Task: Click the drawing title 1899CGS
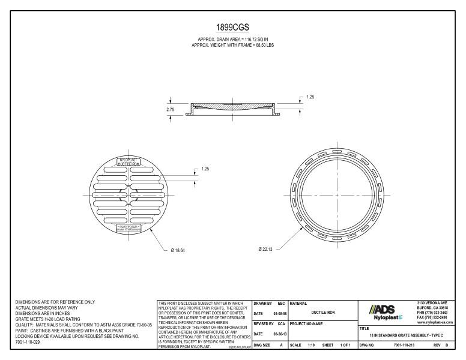(x=232, y=28)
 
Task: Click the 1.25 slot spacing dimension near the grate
(x=205, y=169)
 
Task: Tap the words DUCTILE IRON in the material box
(x=322, y=312)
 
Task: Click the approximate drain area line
(x=232, y=40)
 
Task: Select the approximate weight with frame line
(x=232, y=46)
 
